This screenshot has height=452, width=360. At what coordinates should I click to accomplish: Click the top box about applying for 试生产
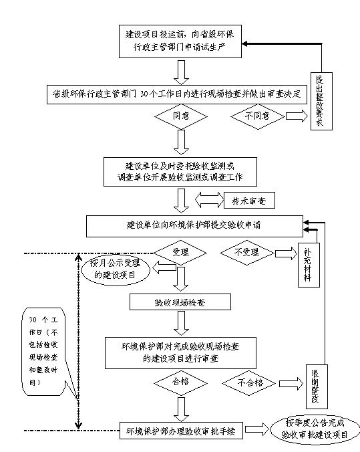click(x=178, y=41)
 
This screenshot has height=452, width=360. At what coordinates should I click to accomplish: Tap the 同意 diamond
click(x=178, y=116)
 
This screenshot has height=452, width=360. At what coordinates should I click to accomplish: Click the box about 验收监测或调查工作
click(x=178, y=172)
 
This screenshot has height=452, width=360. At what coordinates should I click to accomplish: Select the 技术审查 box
click(x=252, y=201)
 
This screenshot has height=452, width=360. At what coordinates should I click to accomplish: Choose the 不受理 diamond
click(x=248, y=253)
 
